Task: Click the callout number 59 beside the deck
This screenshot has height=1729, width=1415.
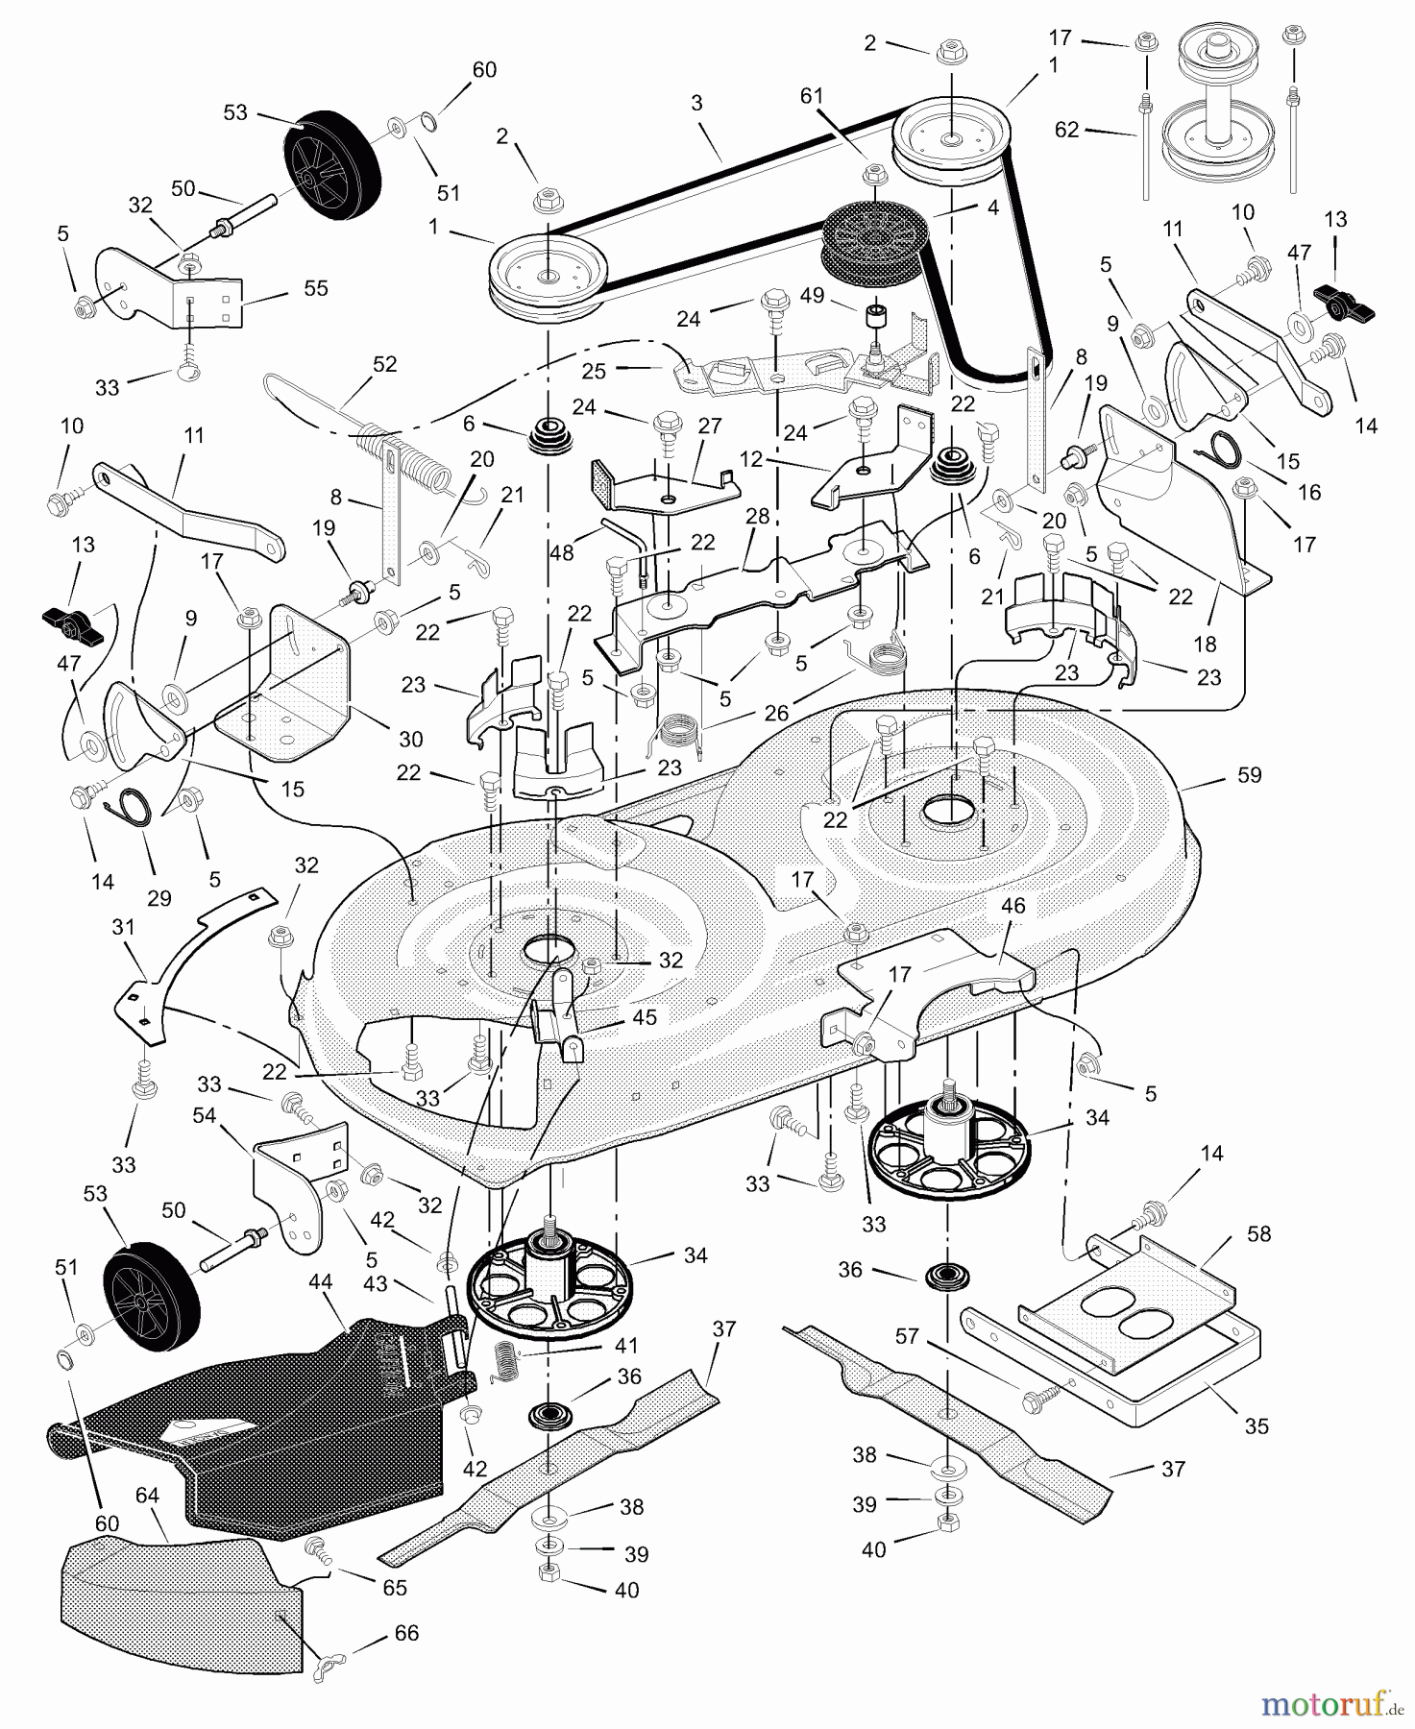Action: tap(1249, 775)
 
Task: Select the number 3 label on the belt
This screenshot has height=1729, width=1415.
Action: tap(696, 103)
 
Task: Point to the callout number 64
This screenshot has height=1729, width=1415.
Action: tap(147, 1496)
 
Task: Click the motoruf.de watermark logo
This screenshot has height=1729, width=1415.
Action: tap(1330, 1705)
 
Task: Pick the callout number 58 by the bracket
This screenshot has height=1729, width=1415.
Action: tap(1258, 1233)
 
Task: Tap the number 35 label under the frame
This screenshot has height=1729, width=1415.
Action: tap(1256, 1426)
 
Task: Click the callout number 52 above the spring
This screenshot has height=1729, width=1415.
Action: tap(384, 364)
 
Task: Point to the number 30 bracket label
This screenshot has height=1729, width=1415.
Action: tap(410, 739)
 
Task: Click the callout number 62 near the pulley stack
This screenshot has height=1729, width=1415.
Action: tap(1066, 130)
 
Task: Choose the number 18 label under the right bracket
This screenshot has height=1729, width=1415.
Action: tap(1205, 644)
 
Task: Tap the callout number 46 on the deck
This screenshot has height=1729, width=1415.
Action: tap(1013, 905)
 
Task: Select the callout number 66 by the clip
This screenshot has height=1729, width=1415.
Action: tap(406, 1633)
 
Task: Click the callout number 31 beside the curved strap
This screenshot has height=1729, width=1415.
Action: tap(123, 928)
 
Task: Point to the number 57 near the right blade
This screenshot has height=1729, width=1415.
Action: tap(906, 1336)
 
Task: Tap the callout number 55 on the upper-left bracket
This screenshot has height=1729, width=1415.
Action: tap(315, 288)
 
